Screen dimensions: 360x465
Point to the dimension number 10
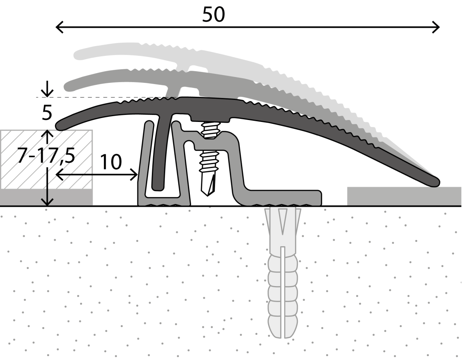[x=111, y=162]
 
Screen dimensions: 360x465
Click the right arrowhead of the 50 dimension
[x=437, y=27]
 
